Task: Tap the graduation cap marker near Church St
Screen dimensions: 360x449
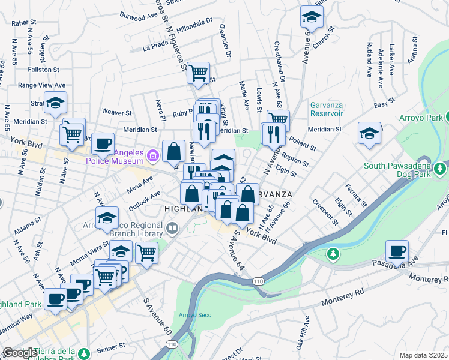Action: tap(311, 18)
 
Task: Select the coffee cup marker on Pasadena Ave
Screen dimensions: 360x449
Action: tap(397, 251)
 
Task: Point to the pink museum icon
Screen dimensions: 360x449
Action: tap(152, 157)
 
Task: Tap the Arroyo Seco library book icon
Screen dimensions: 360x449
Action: tap(173, 227)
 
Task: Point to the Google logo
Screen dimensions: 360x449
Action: tap(19, 353)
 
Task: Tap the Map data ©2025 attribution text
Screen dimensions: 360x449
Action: tap(423, 355)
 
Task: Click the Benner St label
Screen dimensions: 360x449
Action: tap(108, 347)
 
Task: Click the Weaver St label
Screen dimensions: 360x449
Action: tap(116, 112)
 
